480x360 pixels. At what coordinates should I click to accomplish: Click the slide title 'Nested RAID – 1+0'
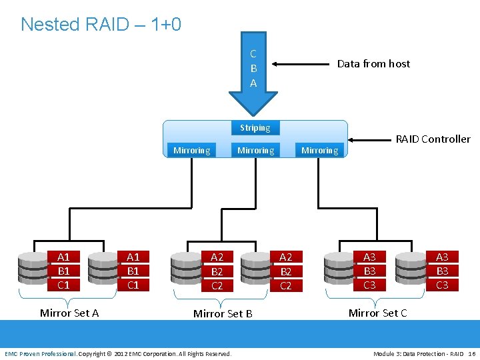tap(101, 24)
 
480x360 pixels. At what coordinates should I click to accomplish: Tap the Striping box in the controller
tap(255, 127)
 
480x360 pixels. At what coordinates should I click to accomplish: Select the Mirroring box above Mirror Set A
tap(191, 150)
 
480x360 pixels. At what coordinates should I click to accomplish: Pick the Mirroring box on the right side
tap(319, 150)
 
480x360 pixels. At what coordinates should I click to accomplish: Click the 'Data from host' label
tap(373, 64)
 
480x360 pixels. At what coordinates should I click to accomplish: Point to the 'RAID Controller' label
tap(433, 139)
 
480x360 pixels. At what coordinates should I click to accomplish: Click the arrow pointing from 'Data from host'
tap(300, 64)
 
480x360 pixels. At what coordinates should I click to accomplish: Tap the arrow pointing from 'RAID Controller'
tap(369, 140)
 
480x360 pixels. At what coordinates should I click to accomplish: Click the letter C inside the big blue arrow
tap(253, 54)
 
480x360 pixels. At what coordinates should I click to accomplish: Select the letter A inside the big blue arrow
tap(253, 83)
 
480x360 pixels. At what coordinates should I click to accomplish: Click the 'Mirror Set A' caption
tap(69, 313)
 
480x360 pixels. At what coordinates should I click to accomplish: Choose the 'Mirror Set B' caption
tap(223, 313)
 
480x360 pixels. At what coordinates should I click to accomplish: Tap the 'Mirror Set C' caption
tap(378, 313)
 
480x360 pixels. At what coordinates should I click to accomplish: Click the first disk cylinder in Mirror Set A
tap(33, 269)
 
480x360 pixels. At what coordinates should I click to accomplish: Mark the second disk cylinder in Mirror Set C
tap(411, 269)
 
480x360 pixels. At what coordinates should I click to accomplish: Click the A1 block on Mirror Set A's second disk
tap(133, 257)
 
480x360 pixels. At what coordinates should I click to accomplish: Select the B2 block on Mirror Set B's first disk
tap(217, 271)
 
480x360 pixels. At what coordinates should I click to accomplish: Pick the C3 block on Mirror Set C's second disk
tap(443, 285)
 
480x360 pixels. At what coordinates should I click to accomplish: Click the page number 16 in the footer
tap(472, 354)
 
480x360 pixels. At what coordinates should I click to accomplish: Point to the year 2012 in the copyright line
tap(121, 354)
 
